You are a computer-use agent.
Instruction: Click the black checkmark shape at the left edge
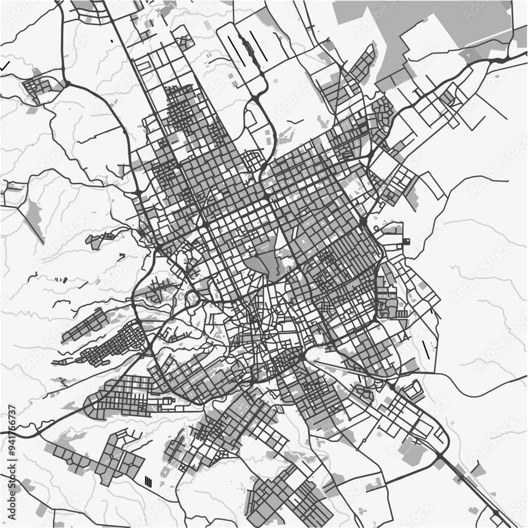click(5, 67)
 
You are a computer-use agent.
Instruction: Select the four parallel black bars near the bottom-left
click(148, 481)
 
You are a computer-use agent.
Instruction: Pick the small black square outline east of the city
click(407, 242)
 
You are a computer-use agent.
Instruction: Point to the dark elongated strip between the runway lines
click(246, 45)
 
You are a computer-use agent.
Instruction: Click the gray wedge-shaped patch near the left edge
click(33, 214)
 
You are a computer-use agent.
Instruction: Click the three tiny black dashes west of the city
click(61, 279)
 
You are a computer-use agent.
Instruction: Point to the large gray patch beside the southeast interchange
click(409, 449)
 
